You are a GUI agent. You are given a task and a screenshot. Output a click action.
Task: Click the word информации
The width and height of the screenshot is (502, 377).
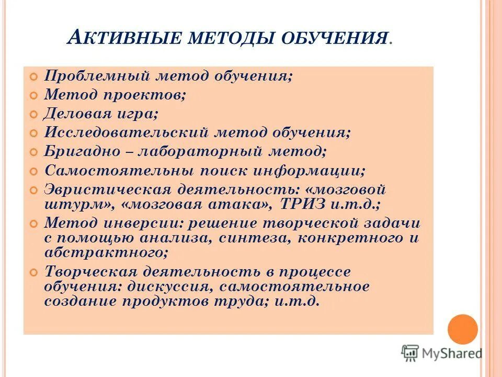tap(311, 171)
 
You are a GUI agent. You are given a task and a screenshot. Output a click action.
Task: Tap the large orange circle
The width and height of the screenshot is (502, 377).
tap(463, 329)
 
